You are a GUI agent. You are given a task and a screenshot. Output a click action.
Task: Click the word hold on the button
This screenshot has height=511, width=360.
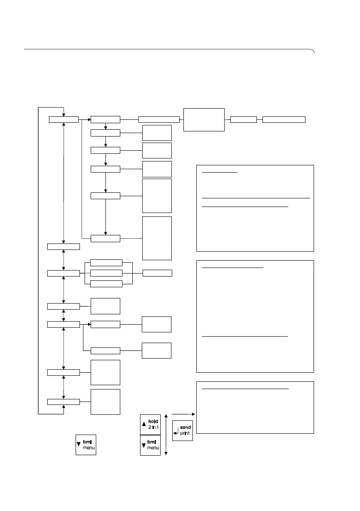[153, 422]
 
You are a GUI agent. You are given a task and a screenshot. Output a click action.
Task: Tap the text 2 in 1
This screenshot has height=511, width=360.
[153, 428]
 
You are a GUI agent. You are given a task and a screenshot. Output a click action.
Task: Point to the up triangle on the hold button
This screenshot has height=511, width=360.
[144, 424]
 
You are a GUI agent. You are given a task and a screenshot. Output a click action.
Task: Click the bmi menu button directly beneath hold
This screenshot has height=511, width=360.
[150, 445]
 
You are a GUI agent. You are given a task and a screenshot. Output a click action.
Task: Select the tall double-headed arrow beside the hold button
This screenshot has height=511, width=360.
[166, 434]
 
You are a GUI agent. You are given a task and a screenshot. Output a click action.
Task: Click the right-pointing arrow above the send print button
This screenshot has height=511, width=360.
[183, 414]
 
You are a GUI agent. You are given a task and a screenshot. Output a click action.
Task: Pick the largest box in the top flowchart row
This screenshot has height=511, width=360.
[204, 119]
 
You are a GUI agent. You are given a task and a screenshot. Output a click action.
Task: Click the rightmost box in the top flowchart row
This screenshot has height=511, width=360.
[284, 119]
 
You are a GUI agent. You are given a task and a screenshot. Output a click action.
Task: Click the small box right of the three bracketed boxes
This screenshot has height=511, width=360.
[157, 273]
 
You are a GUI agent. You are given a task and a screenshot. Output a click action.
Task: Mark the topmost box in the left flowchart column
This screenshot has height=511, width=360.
[64, 119]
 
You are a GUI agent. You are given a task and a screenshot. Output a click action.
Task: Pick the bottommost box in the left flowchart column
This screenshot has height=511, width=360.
[64, 401]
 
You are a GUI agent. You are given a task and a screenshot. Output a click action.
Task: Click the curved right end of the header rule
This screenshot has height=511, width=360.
[314, 52]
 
